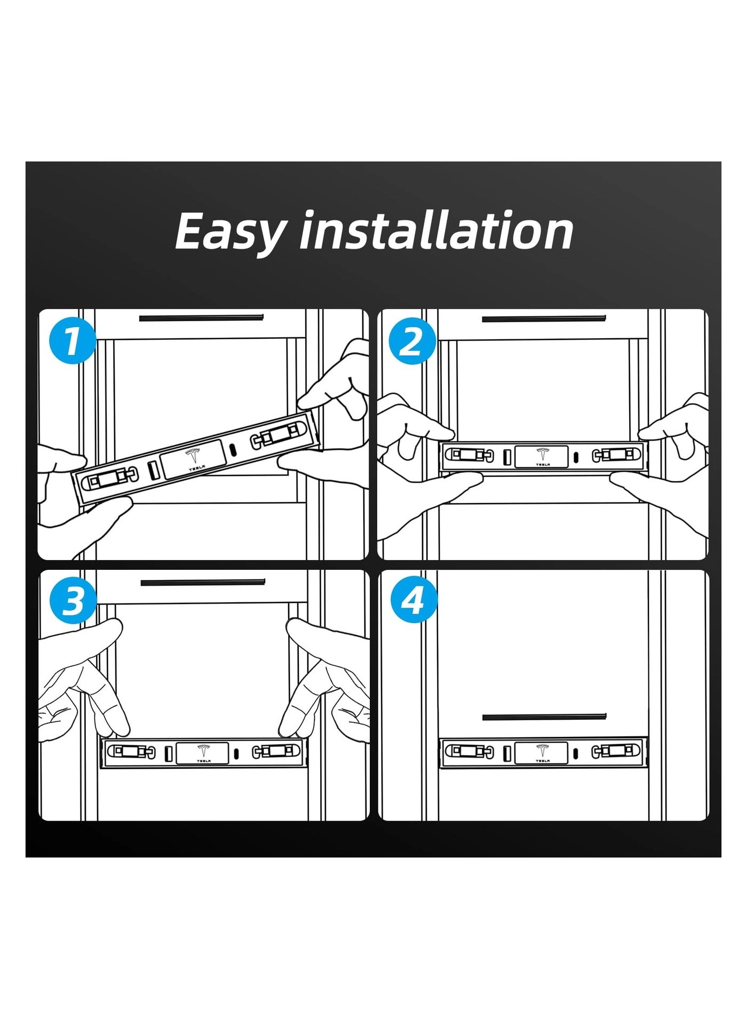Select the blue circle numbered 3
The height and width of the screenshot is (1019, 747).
73,600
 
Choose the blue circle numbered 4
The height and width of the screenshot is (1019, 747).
412,600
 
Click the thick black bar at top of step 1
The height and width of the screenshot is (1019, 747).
201,318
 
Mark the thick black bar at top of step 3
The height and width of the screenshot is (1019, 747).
203,582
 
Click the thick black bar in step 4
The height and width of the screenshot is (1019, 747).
545,717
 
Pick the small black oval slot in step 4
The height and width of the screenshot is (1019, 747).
576,753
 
